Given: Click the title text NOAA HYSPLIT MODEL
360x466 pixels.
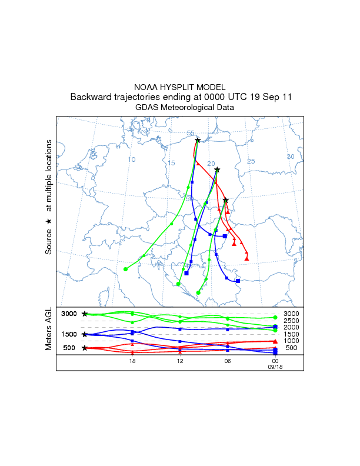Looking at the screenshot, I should (x=180, y=86).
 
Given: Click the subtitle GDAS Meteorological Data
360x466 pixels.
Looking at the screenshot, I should (x=180, y=108).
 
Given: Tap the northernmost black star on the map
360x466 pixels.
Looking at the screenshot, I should (x=198, y=140).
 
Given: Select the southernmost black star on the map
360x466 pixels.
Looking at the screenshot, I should (x=226, y=201).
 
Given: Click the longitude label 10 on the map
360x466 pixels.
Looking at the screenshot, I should (x=132, y=159).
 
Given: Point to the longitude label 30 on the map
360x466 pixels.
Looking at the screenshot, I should (x=290, y=157).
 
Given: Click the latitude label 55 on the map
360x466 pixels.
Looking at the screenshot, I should (x=191, y=133).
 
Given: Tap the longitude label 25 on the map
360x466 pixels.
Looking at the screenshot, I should (x=251, y=161).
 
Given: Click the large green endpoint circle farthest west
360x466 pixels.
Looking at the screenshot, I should (x=126, y=269).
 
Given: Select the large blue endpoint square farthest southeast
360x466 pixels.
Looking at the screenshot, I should (x=238, y=281).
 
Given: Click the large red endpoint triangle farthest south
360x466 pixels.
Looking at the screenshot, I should (x=247, y=258).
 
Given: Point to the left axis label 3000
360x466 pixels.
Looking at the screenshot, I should (x=69, y=314).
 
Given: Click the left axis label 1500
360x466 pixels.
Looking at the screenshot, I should (x=69, y=334).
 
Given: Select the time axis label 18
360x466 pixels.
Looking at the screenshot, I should (x=132, y=361).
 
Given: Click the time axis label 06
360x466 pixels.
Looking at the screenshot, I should (x=227, y=361).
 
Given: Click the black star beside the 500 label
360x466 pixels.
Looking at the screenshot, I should (x=85, y=348).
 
